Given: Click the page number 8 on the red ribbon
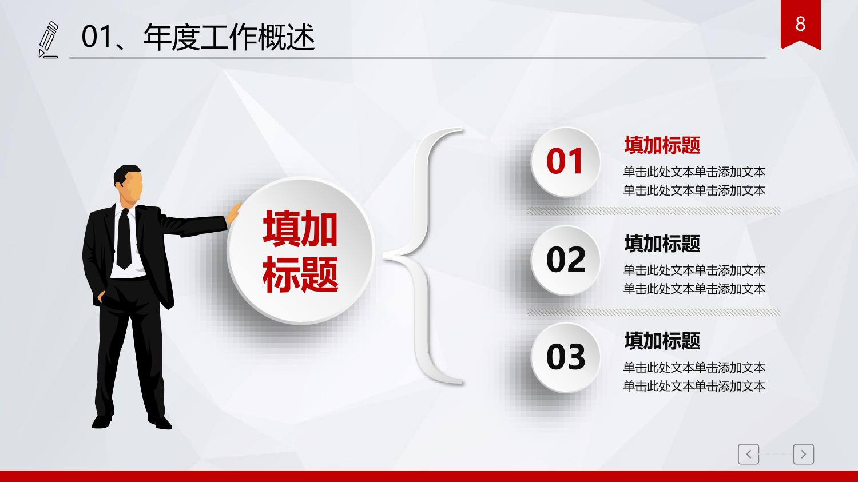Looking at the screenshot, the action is pos(800,24).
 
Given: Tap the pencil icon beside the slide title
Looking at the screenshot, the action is pos(49,40).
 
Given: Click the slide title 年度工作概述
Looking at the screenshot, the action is pos(229,37).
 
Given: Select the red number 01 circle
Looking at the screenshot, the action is pos(565,162).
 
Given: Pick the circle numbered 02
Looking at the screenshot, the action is pos(565,260).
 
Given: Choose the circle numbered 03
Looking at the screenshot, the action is pos(565,357).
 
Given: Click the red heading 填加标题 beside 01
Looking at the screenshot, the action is pos(662,145).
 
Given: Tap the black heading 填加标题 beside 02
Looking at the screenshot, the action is pos(662,244).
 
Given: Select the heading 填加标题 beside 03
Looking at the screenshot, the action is pos(662,341).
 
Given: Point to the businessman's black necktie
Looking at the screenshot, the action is pos(124,238).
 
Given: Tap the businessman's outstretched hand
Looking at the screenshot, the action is pos(233,213).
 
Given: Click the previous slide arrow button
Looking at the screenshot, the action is pos(748,454).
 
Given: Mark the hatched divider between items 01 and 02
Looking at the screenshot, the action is pos(654,211).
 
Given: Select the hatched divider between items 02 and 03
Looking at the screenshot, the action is pos(654,312).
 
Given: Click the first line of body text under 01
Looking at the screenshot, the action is pos(694,172).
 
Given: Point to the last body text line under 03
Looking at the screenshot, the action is pos(694,386).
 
